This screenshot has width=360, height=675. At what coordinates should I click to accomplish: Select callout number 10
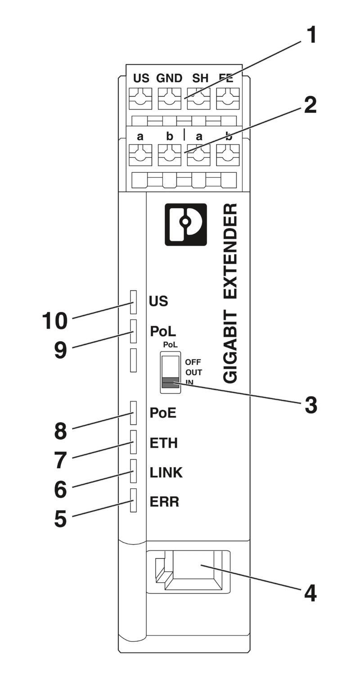coord(54,321)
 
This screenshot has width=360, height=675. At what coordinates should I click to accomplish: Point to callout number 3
coord(310,405)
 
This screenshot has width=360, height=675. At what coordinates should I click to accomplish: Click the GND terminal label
coord(169,78)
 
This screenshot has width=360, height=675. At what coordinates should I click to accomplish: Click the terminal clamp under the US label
coord(140,99)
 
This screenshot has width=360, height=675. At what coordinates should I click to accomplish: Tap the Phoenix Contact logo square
coord(186,224)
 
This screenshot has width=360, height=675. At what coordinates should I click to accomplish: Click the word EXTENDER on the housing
coord(230,251)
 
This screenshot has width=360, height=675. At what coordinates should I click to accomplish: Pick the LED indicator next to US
coord(133,302)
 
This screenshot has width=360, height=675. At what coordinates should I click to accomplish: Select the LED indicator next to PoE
coord(133,413)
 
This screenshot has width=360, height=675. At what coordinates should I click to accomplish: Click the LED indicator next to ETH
coord(133,442)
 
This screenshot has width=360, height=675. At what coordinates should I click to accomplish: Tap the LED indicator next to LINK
coord(133,471)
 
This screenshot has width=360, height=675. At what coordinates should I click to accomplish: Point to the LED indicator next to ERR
coord(133,500)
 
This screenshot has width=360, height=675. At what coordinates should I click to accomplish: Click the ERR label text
coord(164,502)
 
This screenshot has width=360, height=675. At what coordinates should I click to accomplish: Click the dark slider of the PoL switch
coord(170,382)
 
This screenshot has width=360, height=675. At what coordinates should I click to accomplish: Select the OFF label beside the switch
coord(193,362)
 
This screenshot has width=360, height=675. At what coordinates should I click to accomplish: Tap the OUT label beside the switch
coord(193,373)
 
